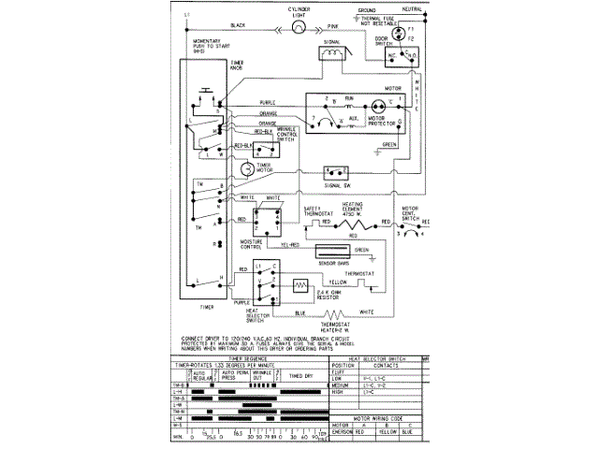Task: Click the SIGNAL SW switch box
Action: (335, 172)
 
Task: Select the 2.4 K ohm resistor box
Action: (301, 285)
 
